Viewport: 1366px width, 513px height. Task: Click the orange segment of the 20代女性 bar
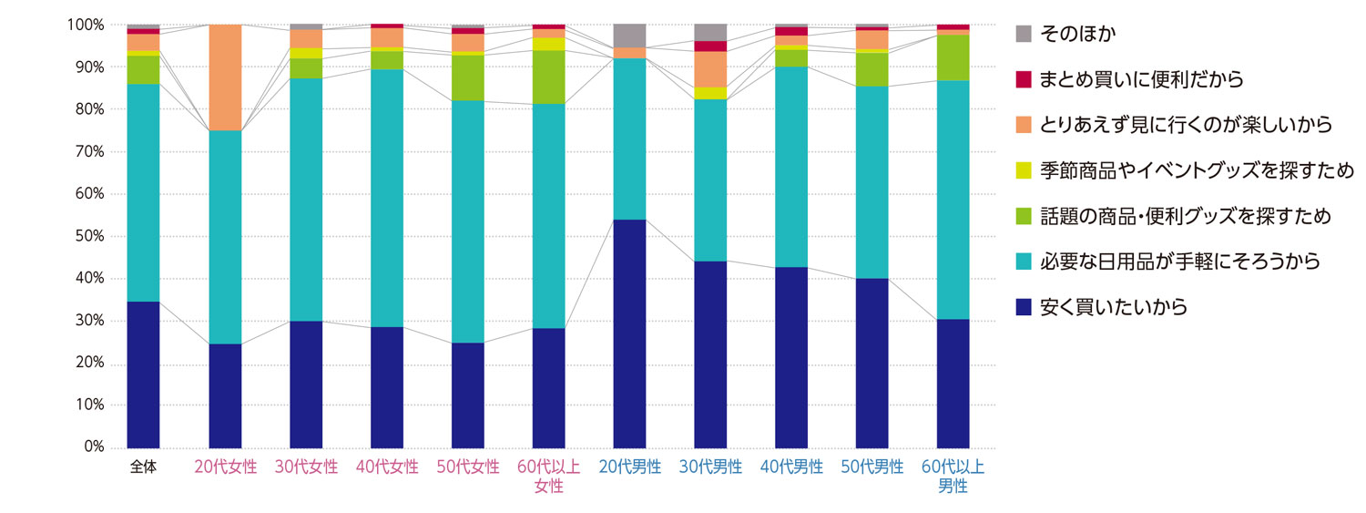225,77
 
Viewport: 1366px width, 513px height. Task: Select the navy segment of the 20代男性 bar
629,333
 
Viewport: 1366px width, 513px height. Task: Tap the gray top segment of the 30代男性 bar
710,32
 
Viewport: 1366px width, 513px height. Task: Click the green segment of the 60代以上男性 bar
953,57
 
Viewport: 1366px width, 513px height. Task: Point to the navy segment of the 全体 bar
143,374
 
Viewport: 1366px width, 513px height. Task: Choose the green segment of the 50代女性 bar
468,78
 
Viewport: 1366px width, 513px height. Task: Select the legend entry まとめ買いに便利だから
1146,79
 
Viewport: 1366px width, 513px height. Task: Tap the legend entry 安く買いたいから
1117,307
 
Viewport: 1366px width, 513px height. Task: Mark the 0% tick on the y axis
93,447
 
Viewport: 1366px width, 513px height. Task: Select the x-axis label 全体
143,467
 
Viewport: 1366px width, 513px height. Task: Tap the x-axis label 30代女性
306,467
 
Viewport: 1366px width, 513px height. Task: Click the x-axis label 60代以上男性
953,477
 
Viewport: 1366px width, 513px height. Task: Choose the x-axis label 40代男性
791,467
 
